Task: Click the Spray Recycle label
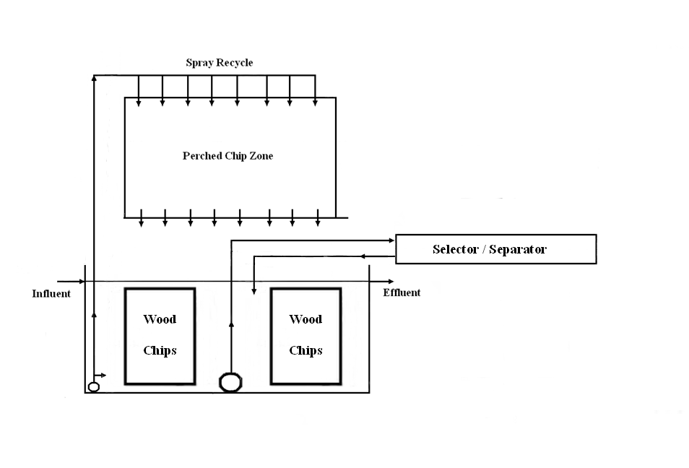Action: pyautogui.click(x=220, y=63)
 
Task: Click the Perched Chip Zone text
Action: pyautogui.click(x=227, y=155)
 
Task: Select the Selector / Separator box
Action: pyautogui.click(x=495, y=249)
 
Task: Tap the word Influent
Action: pyautogui.click(x=51, y=293)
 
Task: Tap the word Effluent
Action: pyautogui.click(x=402, y=292)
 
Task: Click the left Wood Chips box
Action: pyautogui.click(x=160, y=336)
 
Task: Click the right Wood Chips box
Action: pyautogui.click(x=305, y=336)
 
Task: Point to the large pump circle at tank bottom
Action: pyautogui.click(x=230, y=381)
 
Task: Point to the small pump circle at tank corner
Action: pyautogui.click(x=93, y=386)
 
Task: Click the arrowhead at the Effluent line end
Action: pyautogui.click(x=391, y=281)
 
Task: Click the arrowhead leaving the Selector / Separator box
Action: pyautogui.click(x=363, y=256)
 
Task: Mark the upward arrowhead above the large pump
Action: pyautogui.click(x=230, y=327)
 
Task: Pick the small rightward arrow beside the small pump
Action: pyautogui.click(x=104, y=376)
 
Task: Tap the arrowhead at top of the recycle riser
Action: pyautogui.click(x=95, y=77)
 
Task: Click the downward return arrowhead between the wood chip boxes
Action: pyautogui.click(x=253, y=291)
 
